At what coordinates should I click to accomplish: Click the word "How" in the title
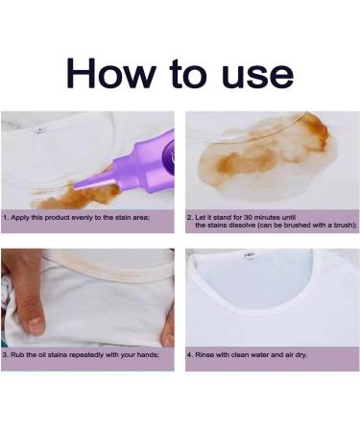[109, 74]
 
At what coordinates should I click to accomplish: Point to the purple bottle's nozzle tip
[74, 186]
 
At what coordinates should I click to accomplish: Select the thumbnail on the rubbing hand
[35, 324]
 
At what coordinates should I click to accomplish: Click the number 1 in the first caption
[5, 218]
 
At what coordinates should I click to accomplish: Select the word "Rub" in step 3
[16, 355]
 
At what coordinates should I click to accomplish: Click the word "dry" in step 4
[300, 355]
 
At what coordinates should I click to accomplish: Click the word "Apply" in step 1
[18, 218]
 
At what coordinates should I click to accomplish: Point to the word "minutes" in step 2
[267, 218]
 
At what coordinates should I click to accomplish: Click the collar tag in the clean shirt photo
[249, 255]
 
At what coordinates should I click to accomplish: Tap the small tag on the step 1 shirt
[39, 130]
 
